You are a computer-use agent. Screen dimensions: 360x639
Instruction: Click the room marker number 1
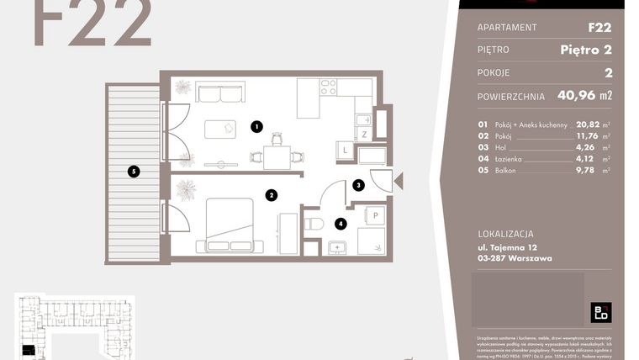pyautogui.click(x=256, y=127)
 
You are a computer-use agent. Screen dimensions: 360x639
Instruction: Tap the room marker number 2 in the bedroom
pyautogui.click(x=271, y=195)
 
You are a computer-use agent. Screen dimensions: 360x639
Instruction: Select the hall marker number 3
pyautogui.click(x=357, y=185)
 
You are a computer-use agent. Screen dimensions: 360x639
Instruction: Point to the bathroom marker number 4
pyautogui.click(x=340, y=224)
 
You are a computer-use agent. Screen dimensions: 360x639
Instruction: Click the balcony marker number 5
pyautogui.click(x=132, y=172)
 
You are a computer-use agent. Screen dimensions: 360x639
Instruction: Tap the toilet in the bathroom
pyautogui.click(x=314, y=225)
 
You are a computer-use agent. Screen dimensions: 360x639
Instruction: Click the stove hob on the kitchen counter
pyautogui.click(x=328, y=87)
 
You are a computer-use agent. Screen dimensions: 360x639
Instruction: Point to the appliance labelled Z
pyautogui.click(x=363, y=134)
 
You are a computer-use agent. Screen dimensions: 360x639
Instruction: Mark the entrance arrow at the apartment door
pyautogui.click(x=399, y=180)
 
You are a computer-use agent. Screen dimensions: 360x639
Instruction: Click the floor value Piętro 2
pyautogui.click(x=585, y=50)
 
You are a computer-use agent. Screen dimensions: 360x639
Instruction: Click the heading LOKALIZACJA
pyautogui.click(x=505, y=234)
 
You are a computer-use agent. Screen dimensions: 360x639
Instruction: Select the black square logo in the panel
pyautogui.click(x=600, y=313)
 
